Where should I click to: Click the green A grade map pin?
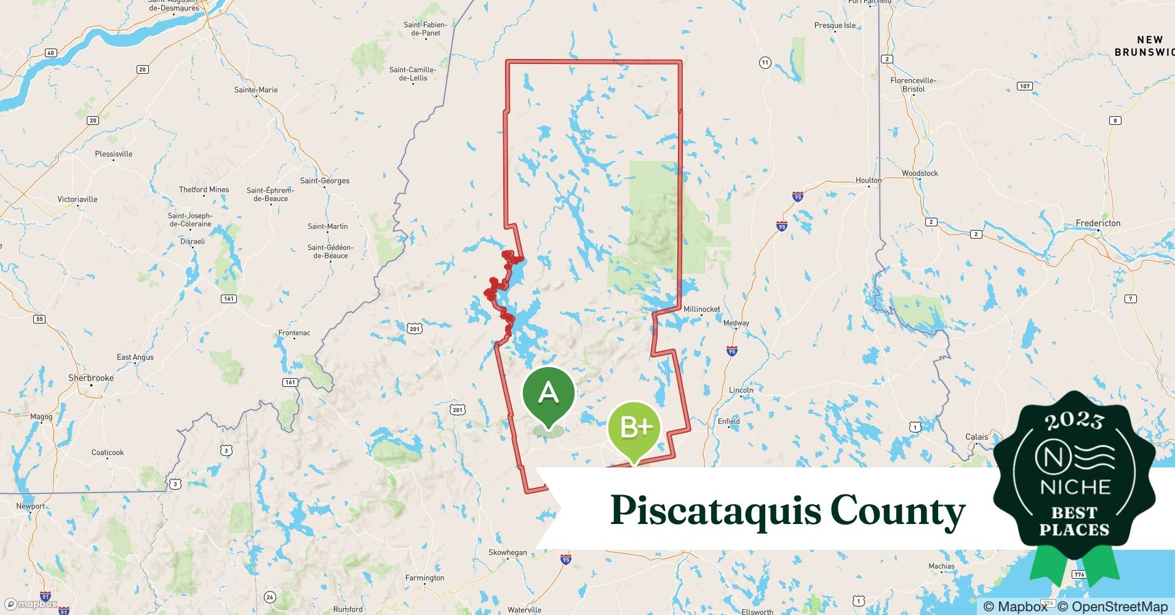548,394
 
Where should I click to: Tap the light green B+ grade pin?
634,427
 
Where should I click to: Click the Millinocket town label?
701,309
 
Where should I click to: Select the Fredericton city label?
1098,223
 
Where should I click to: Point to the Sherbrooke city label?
91,378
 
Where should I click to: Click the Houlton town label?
868,180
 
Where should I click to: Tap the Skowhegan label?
508,552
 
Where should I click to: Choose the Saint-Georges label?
325,181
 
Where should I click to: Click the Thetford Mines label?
204,189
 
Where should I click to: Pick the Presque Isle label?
835,25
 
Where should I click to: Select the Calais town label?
976,437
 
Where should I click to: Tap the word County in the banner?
898,510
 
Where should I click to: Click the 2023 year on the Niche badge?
1074,421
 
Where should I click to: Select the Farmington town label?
424,577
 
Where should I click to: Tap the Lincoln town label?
741,390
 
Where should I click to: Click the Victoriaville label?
78,199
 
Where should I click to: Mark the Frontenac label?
294,333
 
